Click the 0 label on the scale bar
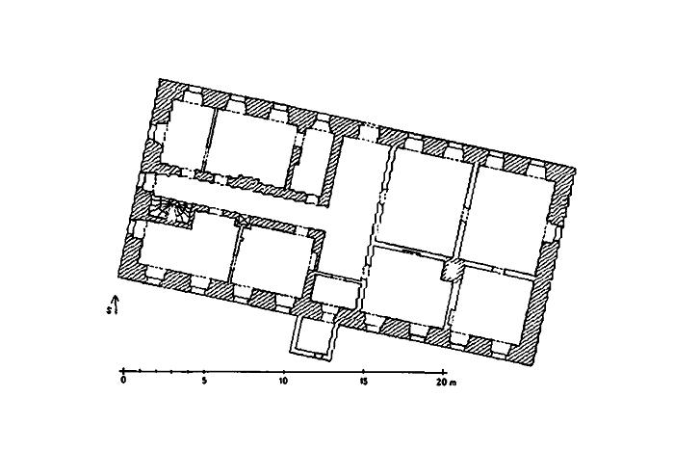124,381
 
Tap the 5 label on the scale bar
204,381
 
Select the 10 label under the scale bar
283,381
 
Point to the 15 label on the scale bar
364,382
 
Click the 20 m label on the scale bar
446,382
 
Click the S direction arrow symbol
115,304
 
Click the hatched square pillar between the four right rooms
453,270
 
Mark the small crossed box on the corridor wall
244,221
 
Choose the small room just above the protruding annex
335,290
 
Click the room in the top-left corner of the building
186,136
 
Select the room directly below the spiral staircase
188,250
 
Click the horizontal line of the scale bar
284,371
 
